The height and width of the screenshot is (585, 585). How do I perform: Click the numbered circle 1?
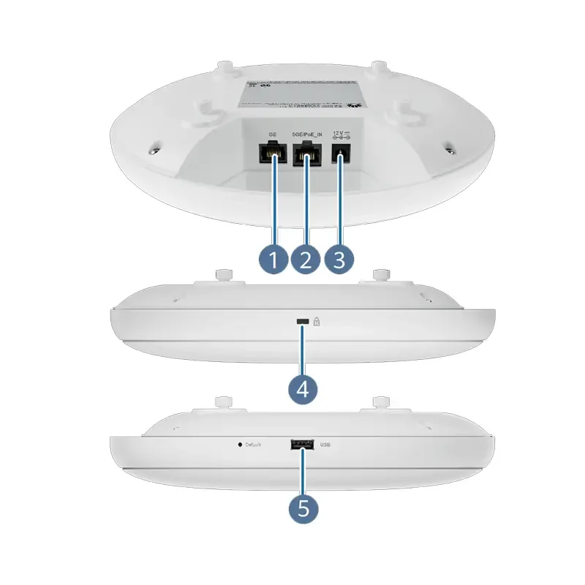273,260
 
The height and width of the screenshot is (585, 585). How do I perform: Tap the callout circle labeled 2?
306,260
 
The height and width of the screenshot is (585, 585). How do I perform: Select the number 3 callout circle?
339,260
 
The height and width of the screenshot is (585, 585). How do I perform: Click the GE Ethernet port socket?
273,154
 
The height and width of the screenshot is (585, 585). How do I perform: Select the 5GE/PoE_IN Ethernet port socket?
306,154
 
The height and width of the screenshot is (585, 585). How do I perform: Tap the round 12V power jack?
341,154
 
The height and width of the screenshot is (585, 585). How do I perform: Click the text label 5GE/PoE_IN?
306,135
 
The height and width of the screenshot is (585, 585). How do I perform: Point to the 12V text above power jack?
341,133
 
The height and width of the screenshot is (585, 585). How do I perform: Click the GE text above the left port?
273,135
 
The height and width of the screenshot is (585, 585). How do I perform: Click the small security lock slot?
301,321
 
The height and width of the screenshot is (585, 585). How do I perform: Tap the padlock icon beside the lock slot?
317,321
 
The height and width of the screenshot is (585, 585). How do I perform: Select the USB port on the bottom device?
302,444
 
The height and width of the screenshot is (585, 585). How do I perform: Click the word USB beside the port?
327,444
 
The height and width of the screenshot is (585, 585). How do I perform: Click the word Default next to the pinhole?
254,444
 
